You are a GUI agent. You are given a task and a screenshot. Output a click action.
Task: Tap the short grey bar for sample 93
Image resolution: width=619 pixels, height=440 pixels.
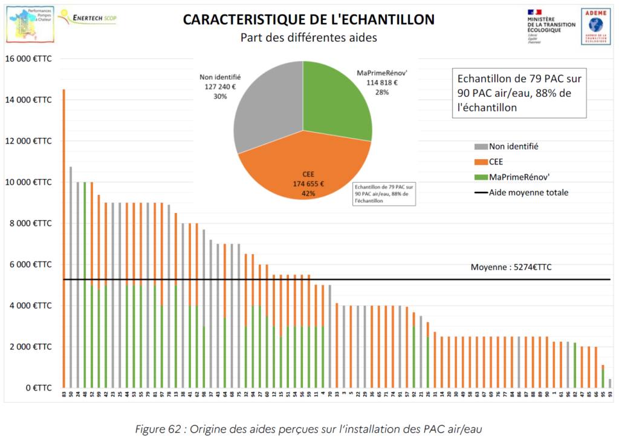click(610, 383)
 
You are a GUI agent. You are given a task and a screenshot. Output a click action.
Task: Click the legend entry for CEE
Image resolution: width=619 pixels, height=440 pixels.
click(497, 162)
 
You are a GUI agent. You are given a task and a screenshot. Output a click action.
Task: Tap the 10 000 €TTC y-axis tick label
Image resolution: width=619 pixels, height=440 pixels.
click(28, 182)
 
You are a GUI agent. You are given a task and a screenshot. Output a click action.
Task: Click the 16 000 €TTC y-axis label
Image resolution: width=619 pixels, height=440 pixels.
click(28, 59)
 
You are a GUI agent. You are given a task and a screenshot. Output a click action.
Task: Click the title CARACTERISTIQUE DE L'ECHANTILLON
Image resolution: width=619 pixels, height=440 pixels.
click(308, 19)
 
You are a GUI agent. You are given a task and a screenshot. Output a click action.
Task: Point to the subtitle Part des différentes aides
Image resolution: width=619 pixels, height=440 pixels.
click(308, 38)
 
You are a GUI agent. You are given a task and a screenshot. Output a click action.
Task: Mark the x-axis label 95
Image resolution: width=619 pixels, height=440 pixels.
click(603, 393)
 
